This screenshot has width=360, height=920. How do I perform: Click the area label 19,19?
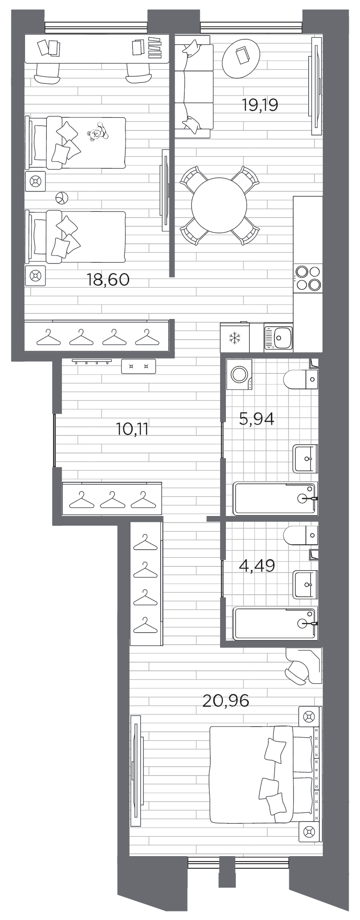260,105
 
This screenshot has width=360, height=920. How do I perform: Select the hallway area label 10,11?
132,429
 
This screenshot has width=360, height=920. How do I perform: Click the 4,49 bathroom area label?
256,565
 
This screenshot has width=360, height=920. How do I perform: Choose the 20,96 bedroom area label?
225,700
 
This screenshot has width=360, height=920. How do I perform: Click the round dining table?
219,206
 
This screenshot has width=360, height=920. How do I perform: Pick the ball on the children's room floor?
61,197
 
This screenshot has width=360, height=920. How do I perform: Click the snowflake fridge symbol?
234,337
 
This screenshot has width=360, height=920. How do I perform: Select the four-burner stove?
308,278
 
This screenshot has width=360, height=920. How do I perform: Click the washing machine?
238,374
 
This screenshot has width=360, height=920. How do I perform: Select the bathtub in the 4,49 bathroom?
275,623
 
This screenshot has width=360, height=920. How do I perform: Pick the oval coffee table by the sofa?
241,55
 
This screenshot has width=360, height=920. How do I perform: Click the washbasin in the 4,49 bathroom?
306,584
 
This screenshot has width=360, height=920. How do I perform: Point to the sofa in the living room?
193,86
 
